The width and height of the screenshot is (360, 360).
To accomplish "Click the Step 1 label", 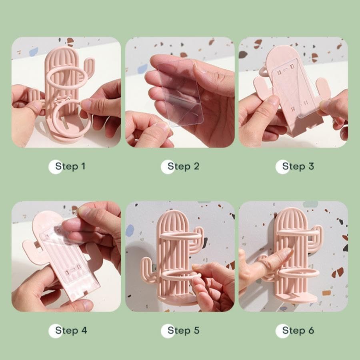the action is tap(70, 166).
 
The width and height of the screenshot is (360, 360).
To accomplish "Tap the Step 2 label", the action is tap(183, 166).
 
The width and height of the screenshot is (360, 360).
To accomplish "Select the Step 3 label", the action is tap(298, 166).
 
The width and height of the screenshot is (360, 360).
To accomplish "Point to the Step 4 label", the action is tap(71, 330).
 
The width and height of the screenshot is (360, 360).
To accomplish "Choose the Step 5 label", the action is tap(183, 330).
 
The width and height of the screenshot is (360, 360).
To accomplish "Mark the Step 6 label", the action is tap(298, 330).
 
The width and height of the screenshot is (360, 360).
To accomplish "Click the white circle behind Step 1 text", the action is tap(55, 167).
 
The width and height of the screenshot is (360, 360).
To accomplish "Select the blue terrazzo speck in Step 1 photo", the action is tap(34, 52).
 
